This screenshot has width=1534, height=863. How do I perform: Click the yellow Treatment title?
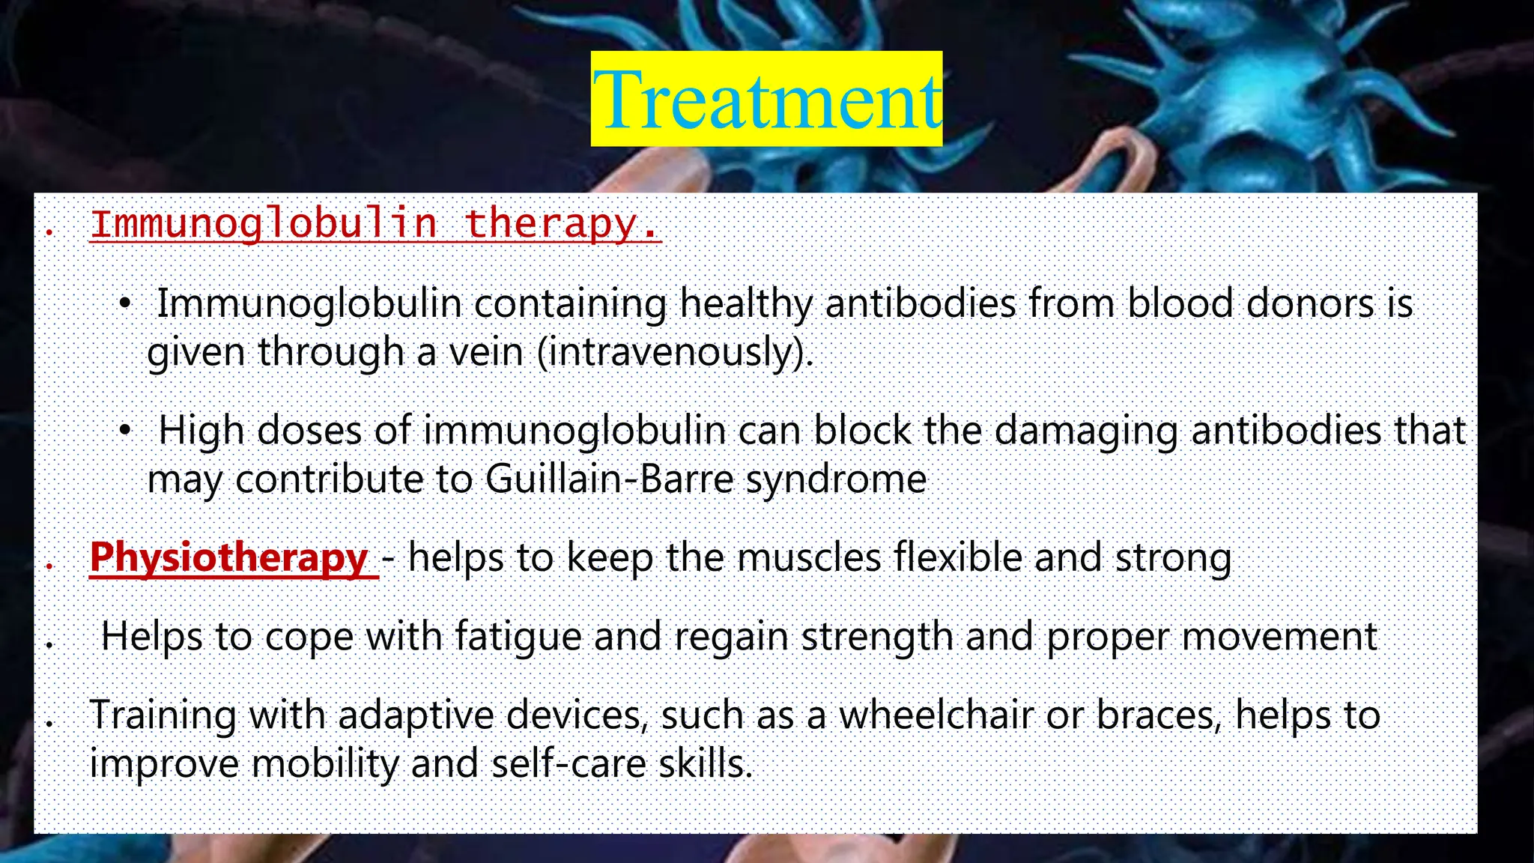[x=766, y=99]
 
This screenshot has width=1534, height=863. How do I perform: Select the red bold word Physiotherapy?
[x=228, y=557]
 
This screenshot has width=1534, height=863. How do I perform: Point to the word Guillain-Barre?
[x=609, y=479]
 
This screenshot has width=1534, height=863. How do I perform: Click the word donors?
[x=1311, y=304]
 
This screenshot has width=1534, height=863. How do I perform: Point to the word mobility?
[x=324, y=764]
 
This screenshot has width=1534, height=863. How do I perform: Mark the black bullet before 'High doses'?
[x=125, y=430]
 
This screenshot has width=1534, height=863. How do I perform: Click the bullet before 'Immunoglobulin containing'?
[x=125, y=303]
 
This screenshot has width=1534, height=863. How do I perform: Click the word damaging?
[x=1086, y=431]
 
